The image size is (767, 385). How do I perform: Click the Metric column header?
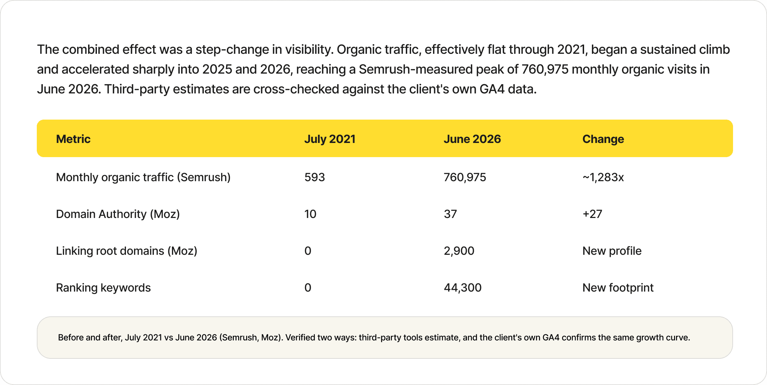coord(73,139)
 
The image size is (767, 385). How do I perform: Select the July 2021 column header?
coord(330,139)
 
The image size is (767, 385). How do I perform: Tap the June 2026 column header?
coord(472,139)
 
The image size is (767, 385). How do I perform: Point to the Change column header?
coord(603,139)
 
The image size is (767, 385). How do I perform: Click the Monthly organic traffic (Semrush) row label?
coord(143,177)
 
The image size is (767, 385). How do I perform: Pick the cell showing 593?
coord(315,177)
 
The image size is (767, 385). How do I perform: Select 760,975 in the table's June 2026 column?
coord(465,177)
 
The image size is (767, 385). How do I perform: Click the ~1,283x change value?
coord(603,177)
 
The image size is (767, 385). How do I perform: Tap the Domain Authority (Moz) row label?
coord(118,214)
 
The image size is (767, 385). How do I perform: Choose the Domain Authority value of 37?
coord(450,214)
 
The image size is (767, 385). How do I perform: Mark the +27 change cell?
coord(592,214)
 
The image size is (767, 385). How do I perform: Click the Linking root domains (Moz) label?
coord(127,251)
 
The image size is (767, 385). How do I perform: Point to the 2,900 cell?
coord(459,251)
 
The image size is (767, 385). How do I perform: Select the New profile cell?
coord(612,251)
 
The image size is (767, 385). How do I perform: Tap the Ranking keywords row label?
coord(103,288)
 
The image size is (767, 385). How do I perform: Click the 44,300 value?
coord(463,288)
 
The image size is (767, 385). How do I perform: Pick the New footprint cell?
coord(618,288)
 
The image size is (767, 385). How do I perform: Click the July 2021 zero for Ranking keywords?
coord(308,288)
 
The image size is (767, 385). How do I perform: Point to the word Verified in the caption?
coord(300,338)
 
